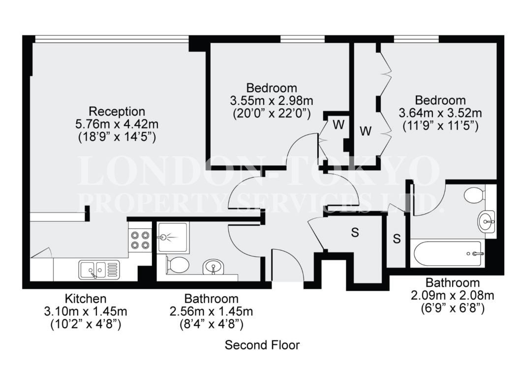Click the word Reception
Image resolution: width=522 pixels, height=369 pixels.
117,111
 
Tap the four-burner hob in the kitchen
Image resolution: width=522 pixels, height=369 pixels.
140,240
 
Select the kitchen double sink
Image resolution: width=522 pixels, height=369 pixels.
99,270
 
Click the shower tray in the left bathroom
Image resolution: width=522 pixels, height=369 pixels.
173,238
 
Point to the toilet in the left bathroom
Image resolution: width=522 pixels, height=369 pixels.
177,265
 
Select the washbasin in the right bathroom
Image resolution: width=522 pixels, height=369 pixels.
487,220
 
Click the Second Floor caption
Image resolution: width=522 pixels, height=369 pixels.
262,345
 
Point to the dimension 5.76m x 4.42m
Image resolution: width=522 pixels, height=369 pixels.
117,124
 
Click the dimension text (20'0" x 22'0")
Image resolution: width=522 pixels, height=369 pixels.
272,113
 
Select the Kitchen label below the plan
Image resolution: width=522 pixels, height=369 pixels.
86,298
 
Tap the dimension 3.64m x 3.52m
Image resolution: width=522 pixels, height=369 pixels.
440,113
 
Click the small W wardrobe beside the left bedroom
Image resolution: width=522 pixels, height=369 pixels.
338,124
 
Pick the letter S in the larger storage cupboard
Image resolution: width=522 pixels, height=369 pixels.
355,232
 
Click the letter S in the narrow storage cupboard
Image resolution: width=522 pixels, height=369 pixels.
397,239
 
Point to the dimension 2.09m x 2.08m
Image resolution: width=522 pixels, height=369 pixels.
453,295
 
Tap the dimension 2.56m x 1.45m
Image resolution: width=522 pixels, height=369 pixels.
211,311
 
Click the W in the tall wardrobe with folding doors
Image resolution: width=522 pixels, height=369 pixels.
366,131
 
